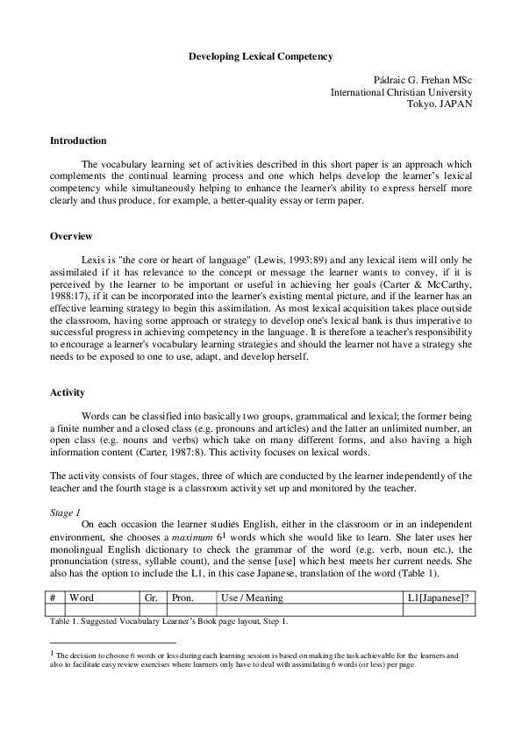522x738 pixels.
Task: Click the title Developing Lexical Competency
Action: (x=261, y=56)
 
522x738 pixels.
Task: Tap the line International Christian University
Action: (x=401, y=92)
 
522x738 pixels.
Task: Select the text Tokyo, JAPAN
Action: (x=440, y=104)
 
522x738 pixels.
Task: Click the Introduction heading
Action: (x=78, y=140)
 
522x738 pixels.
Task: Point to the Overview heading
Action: (x=71, y=237)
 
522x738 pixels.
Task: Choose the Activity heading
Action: (x=68, y=392)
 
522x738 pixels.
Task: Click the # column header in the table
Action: (x=54, y=598)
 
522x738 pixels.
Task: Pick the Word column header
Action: (x=82, y=598)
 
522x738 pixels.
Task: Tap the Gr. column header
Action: (x=151, y=598)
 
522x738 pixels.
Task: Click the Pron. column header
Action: (x=182, y=598)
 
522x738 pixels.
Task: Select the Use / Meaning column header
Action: (x=254, y=598)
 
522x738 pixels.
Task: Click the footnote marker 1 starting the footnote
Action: (x=53, y=652)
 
